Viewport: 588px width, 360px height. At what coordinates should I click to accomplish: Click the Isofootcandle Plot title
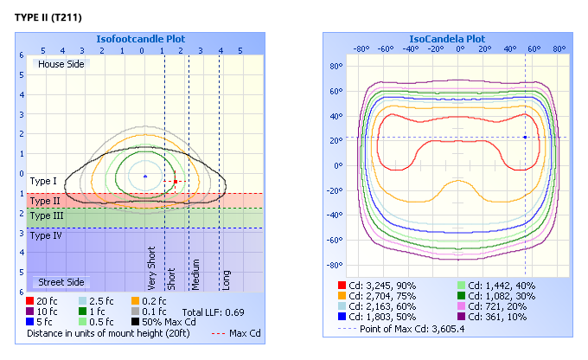tap(143, 38)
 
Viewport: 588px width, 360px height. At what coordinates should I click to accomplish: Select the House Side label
tap(59, 63)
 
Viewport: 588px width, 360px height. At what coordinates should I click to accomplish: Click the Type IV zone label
tap(45, 235)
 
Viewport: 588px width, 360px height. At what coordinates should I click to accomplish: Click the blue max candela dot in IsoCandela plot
tap(525, 137)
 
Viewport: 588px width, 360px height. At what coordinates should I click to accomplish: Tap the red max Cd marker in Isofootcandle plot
tap(176, 182)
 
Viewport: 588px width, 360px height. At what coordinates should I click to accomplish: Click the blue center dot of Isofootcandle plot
tap(144, 177)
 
